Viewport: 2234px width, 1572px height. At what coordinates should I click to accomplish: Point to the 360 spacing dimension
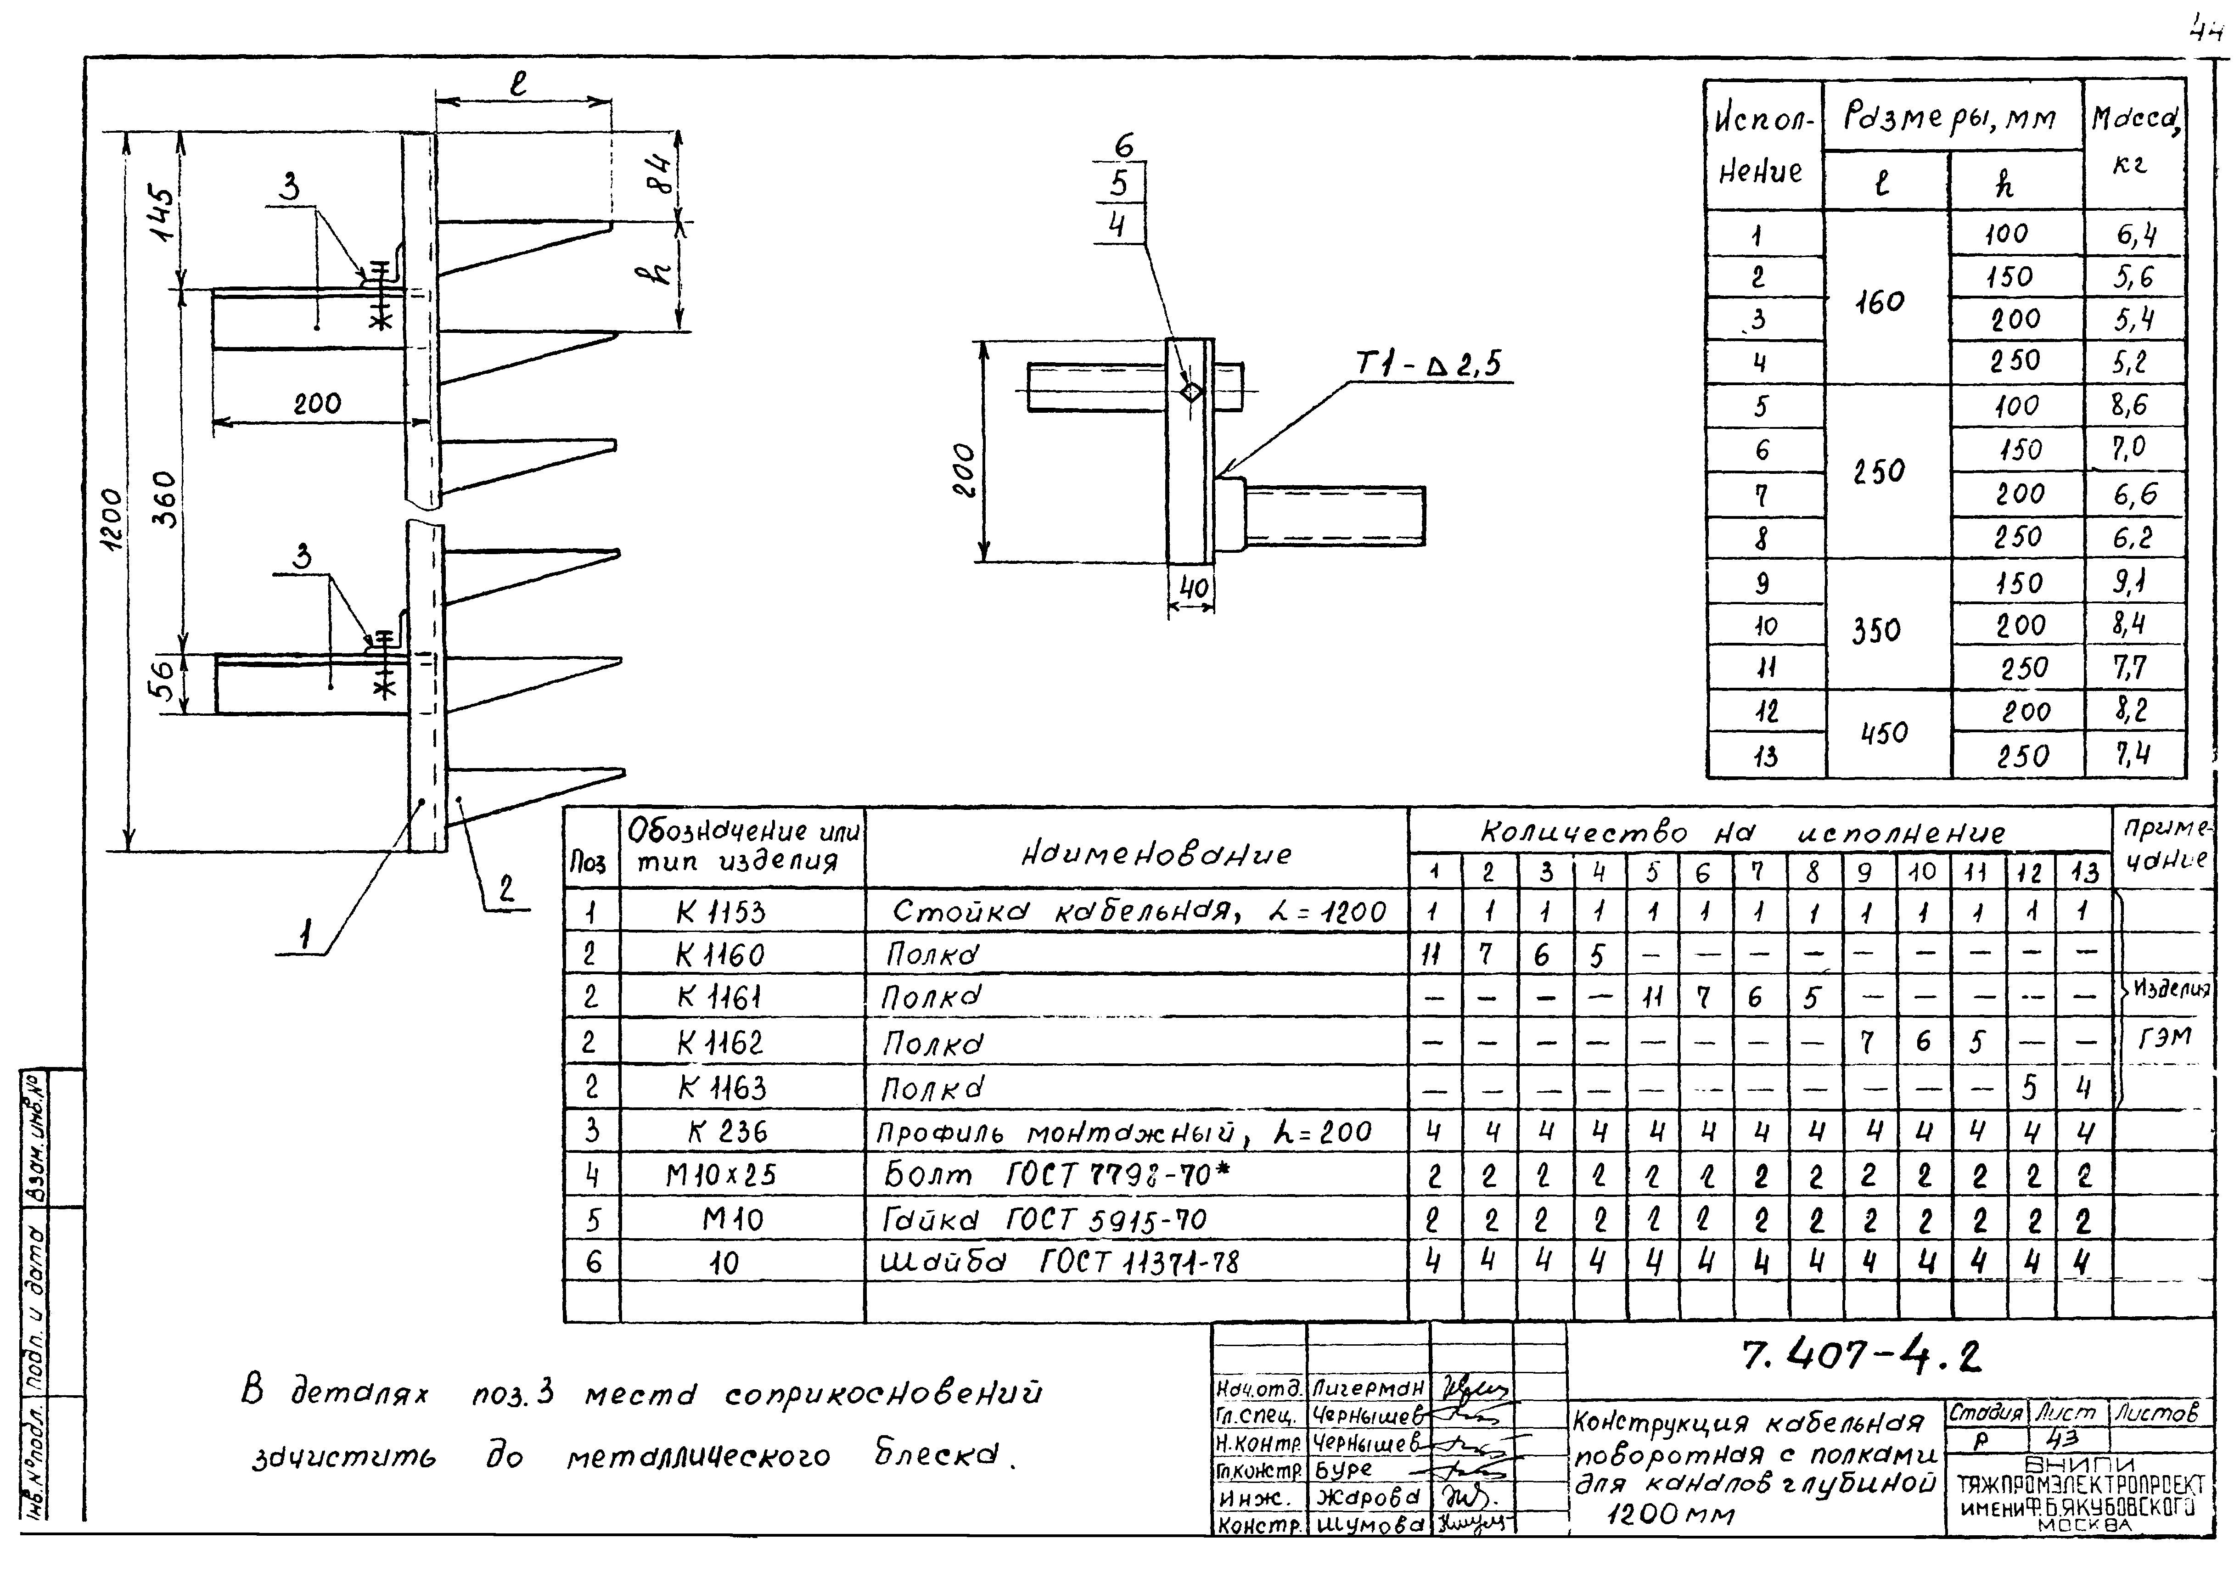click(x=166, y=499)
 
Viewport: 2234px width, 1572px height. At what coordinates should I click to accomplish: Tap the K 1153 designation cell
click(x=720, y=911)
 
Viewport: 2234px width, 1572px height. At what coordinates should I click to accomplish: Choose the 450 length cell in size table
click(x=1884, y=732)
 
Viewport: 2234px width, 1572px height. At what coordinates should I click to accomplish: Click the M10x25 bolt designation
click(x=720, y=1175)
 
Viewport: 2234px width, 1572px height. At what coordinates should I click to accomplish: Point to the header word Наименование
click(x=1156, y=854)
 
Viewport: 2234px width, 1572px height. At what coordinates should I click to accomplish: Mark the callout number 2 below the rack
click(x=506, y=889)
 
